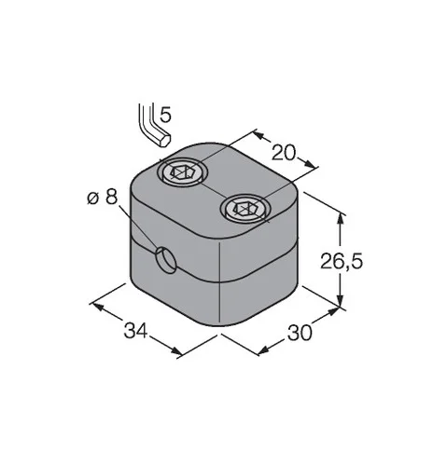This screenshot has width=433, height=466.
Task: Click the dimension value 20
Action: point(283,153)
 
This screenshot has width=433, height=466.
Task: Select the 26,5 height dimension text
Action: point(342,261)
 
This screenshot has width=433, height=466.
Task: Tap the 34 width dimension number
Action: point(135,330)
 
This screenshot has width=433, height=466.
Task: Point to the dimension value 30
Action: point(300,333)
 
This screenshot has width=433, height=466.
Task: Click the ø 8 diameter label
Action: point(103,197)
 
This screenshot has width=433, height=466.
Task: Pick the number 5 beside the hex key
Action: point(165,115)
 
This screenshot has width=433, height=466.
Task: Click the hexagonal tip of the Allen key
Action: point(164,141)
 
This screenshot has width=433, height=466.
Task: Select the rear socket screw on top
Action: point(182,171)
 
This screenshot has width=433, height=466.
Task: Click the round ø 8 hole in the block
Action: point(166,260)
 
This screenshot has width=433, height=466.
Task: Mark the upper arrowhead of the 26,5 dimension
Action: point(341,219)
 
